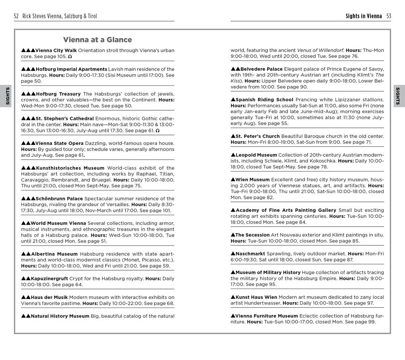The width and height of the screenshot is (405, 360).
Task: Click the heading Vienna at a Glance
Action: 97,40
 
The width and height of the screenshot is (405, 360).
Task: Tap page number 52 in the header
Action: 16,16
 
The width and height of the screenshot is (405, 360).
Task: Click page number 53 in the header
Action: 388,16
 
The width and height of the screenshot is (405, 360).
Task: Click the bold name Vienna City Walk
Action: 56,50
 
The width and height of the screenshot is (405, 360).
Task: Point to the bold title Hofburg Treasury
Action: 58,94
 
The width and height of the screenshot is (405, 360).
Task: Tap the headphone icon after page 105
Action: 70,57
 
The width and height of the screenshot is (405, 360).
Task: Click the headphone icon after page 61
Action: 158,131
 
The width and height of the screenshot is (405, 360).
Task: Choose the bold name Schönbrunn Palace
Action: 59,198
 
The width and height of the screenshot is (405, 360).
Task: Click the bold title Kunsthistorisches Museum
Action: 70,168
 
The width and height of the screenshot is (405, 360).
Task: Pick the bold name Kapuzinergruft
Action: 49,279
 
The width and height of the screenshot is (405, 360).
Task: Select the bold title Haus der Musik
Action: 49,297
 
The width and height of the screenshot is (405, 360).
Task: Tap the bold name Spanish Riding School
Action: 264,100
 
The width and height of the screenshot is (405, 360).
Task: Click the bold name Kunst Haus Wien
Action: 256,297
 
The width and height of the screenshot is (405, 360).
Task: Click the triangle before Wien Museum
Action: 233,179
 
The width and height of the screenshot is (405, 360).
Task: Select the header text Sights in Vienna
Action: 363,16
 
